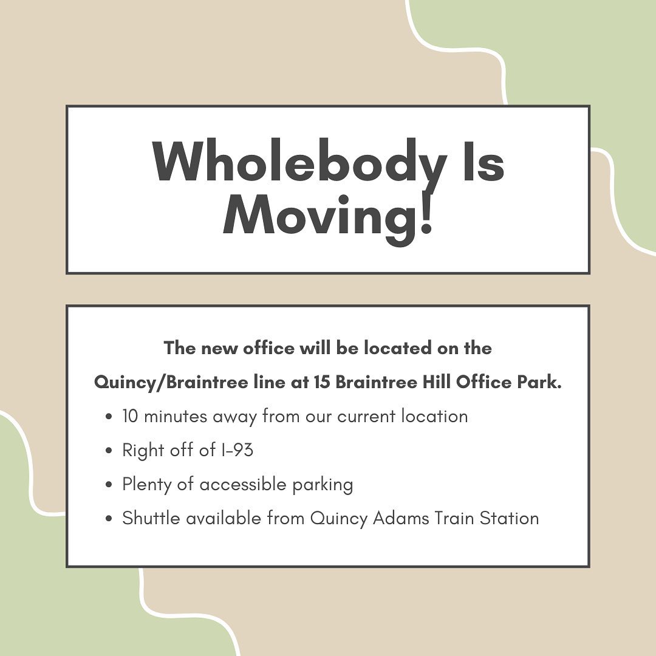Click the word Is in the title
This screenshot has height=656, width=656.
click(x=483, y=160)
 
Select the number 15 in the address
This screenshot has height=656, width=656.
click(x=322, y=383)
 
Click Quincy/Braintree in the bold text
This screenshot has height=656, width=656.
click(x=171, y=383)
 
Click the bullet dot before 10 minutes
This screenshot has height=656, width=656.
click(x=109, y=417)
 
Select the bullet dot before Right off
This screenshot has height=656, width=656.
click(x=109, y=451)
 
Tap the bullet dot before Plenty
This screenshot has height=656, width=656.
click(x=109, y=485)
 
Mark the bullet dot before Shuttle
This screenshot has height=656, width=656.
click(x=109, y=519)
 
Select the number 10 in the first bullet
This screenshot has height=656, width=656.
click(x=130, y=416)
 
